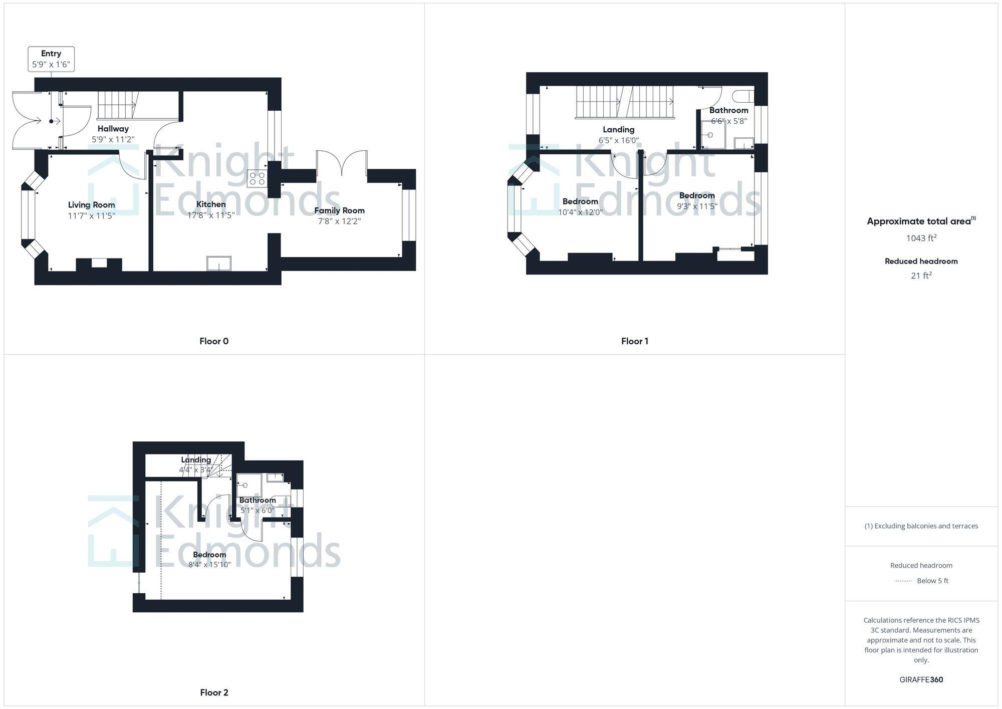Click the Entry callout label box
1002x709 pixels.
point(51,59)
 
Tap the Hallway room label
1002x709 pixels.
point(113,129)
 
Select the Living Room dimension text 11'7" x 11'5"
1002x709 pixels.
point(92,216)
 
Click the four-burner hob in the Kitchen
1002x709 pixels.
point(257,179)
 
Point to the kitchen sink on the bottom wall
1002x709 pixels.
point(219,264)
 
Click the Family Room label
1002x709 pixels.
point(340,210)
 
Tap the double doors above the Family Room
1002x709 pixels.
point(342,163)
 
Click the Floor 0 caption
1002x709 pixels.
point(214,341)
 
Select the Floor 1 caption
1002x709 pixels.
point(635,341)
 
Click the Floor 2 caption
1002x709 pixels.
point(214,692)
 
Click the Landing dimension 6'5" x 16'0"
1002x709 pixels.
point(619,141)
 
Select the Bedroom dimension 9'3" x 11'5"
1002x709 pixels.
point(697,206)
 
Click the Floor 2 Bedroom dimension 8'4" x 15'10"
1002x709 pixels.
point(209,565)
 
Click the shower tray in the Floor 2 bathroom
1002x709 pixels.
point(249,486)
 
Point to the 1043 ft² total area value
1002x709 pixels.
point(921,238)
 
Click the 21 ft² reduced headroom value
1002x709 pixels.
point(921,276)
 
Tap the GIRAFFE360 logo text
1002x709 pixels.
point(921,680)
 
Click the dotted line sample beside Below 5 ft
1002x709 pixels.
point(903,581)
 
